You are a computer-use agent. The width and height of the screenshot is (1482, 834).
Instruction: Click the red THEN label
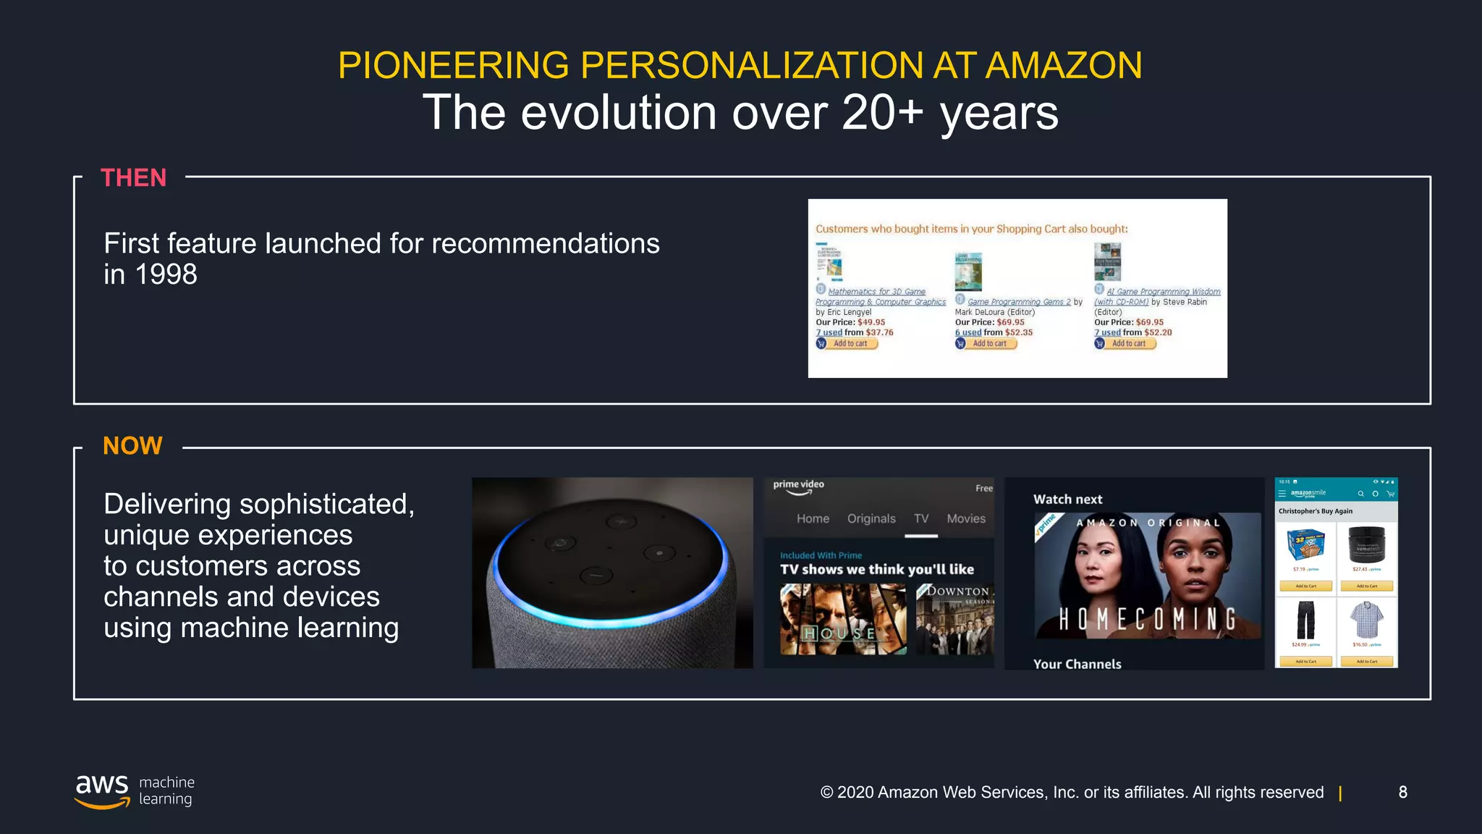(x=133, y=178)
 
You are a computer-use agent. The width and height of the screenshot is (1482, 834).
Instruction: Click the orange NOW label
(x=132, y=446)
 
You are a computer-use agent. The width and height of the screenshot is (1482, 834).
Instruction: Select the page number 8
(x=1402, y=792)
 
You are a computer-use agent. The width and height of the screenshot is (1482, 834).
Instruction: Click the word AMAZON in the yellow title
(x=1064, y=66)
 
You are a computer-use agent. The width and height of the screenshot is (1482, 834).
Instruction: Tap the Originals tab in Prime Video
(x=871, y=519)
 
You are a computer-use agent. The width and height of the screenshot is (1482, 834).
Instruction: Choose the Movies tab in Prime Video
(x=966, y=519)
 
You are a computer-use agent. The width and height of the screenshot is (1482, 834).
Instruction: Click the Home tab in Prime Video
(x=813, y=519)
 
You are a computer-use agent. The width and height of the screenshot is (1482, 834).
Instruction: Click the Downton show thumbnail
(x=954, y=619)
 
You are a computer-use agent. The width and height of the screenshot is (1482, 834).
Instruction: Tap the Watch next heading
(x=1067, y=500)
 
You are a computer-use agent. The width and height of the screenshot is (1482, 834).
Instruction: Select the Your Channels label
(x=1077, y=665)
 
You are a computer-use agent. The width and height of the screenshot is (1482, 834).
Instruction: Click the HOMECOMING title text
(x=1148, y=620)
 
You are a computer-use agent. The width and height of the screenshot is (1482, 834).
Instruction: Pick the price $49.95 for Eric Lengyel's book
(x=871, y=323)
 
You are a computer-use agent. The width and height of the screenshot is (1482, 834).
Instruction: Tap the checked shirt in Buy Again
(x=1366, y=620)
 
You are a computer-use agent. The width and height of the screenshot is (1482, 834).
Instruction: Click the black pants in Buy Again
(x=1305, y=620)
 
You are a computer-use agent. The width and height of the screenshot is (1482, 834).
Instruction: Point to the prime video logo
(x=798, y=486)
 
